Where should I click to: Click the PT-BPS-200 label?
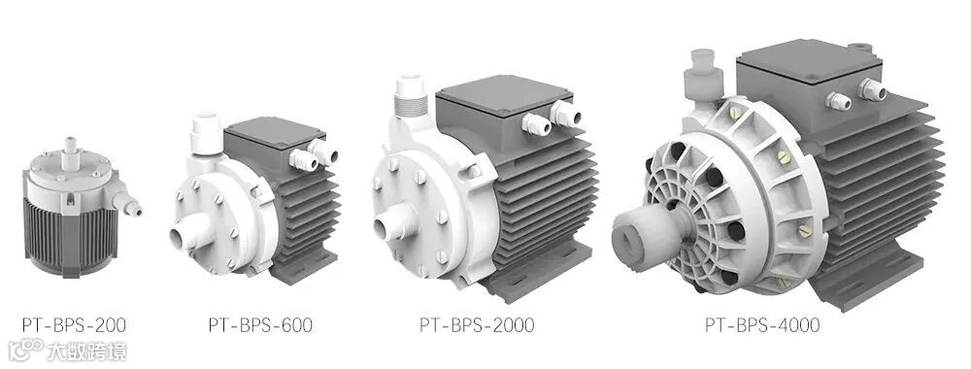[x=75, y=324]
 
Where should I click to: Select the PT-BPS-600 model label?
[x=260, y=324]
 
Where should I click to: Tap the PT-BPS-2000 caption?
[x=477, y=324]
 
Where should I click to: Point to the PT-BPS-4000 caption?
[x=762, y=324]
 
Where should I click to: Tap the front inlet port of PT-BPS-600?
[x=184, y=237]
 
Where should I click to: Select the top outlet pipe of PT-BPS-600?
[x=206, y=133]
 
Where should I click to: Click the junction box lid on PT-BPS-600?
[x=274, y=130]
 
